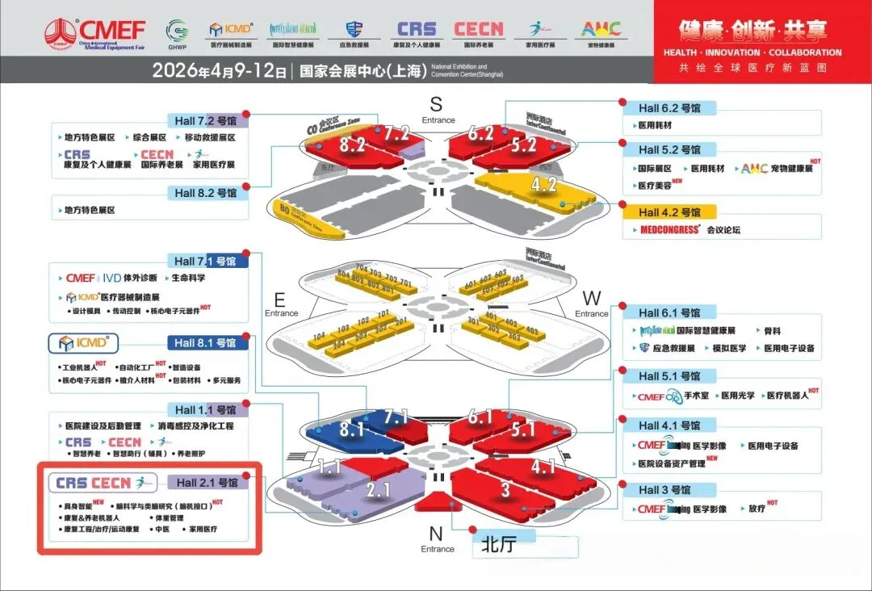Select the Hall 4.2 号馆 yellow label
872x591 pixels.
point(669,212)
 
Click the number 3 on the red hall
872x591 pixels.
point(505,489)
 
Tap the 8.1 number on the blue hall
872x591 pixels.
point(351,430)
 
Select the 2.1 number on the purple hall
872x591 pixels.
point(377,489)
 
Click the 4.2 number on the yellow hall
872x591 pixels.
point(544,185)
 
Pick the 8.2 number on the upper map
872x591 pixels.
point(353,145)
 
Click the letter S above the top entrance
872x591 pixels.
point(437,104)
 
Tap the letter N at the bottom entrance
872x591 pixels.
point(436,533)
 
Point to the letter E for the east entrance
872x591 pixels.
point(279,298)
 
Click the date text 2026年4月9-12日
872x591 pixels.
point(219,71)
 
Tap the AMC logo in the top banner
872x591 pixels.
point(602,30)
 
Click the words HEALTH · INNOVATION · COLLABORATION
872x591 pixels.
point(753,52)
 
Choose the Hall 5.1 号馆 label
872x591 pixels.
point(669,376)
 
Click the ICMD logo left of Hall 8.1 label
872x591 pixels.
point(84,342)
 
